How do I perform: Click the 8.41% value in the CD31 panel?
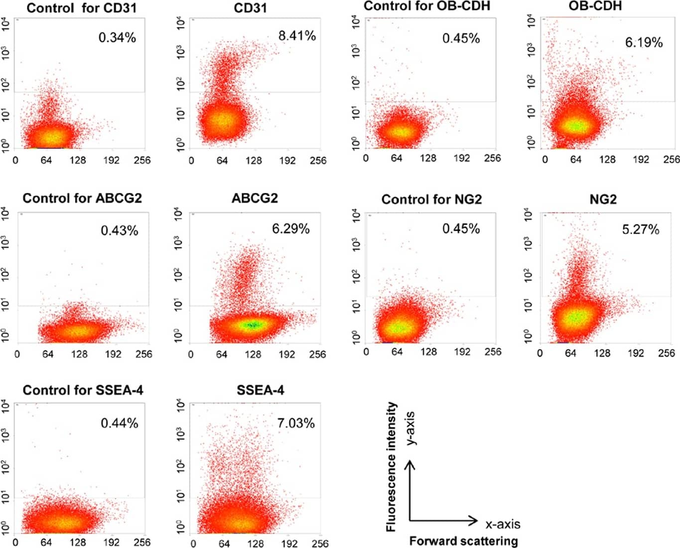tap(297, 36)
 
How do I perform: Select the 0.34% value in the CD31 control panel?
tap(117, 37)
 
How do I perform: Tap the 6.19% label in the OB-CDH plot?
tap(644, 42)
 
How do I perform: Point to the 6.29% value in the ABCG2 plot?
tap(290, 229)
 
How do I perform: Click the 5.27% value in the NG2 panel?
tap(641, 230)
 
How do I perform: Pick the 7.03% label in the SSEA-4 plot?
tap(296, 423)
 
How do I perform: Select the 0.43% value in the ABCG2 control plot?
tap(120, 231)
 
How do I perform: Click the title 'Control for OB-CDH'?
tap(427, 6)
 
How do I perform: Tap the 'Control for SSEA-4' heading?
tap(83, 390)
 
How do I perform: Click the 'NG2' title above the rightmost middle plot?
tap(603, 200)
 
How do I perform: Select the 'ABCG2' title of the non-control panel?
tap(255, 198)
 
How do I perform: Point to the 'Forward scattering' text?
tap(463, 541)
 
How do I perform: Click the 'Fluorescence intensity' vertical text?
tap(392, 467)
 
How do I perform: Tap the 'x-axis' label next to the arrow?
tap(503, 524)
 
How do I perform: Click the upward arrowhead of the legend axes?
tap(409, 464)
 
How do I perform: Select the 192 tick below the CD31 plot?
tap(287, 160)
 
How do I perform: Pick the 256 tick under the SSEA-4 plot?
tap(320, 544)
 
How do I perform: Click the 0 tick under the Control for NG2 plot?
tap(367, 352)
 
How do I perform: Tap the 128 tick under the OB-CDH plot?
tap(607, 159)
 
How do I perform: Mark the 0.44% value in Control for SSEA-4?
tap(120, 423)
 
